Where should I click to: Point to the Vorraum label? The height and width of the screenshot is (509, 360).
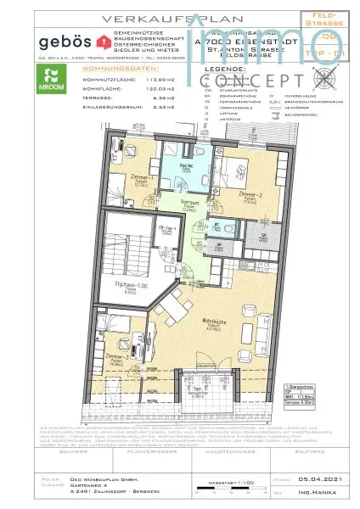click(188, 204)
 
